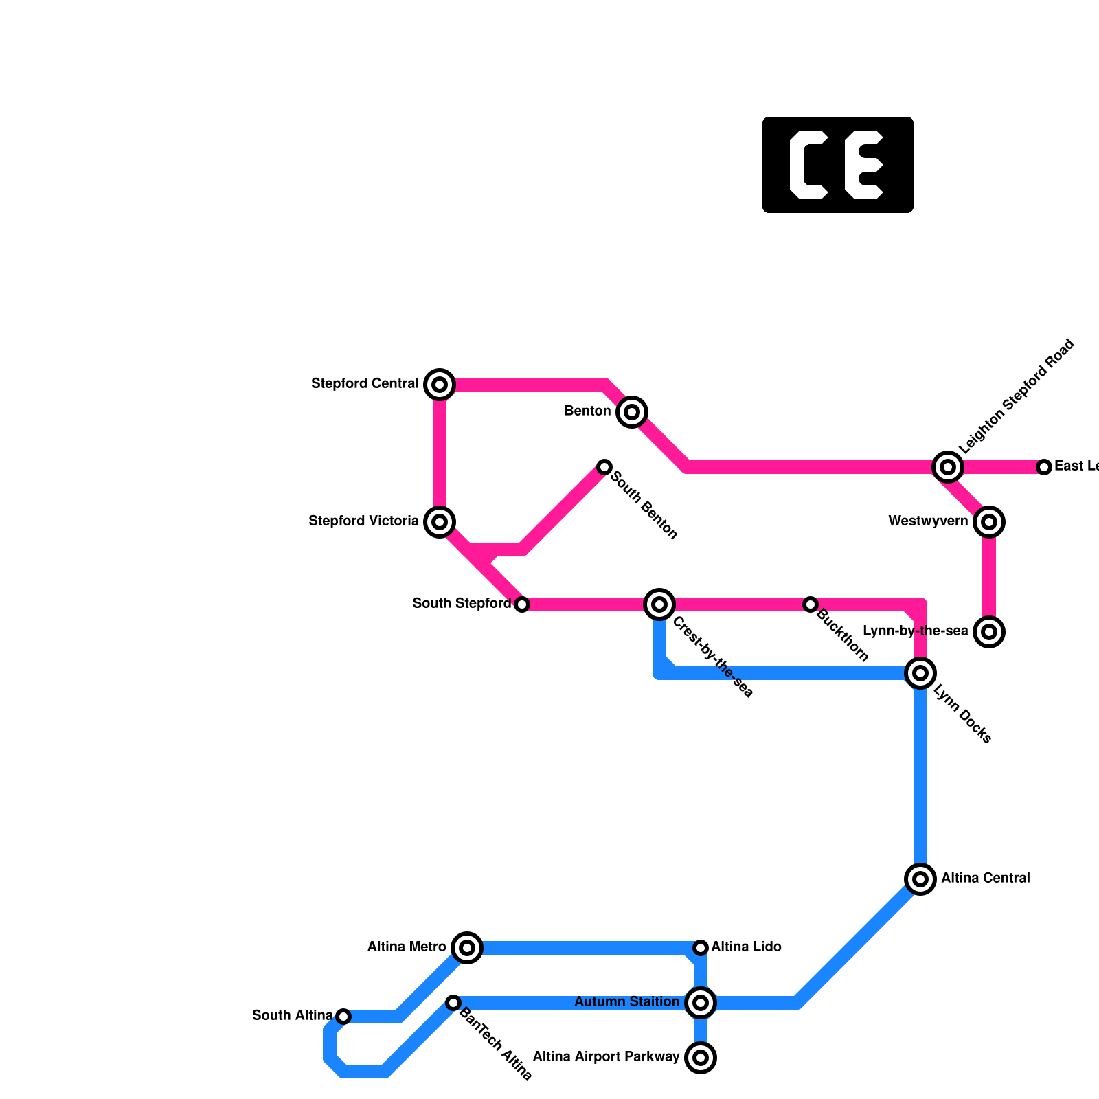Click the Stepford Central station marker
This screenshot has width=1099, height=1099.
(x=440, y=385)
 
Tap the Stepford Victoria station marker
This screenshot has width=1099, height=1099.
(x=440, y=522)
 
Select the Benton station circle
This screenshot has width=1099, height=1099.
(x=632, y=412)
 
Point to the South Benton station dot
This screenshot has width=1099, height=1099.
(x=604, y=467)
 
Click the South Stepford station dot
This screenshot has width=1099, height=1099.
(x=522, y=604)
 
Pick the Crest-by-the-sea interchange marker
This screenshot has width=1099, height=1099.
(x=659, y=604)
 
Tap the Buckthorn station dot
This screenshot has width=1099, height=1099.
(x=811, y=604)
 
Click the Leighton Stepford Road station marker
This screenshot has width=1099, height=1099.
(x=948, y=467)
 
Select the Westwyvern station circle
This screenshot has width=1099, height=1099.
(x=989, y=522)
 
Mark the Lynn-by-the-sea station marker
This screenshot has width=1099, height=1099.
(x=989, y=632)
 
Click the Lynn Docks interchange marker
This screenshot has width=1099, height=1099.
(x=920, y=673)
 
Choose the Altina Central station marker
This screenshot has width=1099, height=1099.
(x=920, y=879)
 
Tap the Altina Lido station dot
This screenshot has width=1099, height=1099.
(x=701, y=948)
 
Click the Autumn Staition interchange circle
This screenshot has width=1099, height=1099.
(x=701, y=1003)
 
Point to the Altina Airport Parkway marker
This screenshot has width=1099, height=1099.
(x=701, y=1058)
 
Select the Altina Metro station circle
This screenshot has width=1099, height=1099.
(x=467, y=948)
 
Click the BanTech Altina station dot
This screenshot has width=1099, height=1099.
(x=453, y=1003)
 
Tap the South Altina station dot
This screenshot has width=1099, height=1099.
(x=343, y=1017)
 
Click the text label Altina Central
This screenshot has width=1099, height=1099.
(x=985, y=879)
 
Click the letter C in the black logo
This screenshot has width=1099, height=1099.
(x=807, y=165)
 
